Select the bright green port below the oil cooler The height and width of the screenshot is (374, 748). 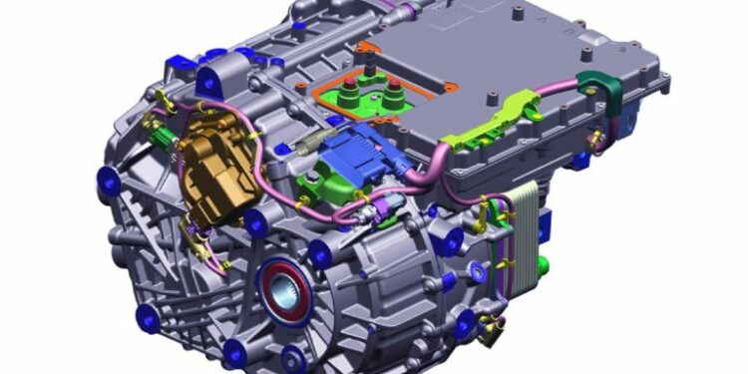pyautogui.click(x=542, y=267)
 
